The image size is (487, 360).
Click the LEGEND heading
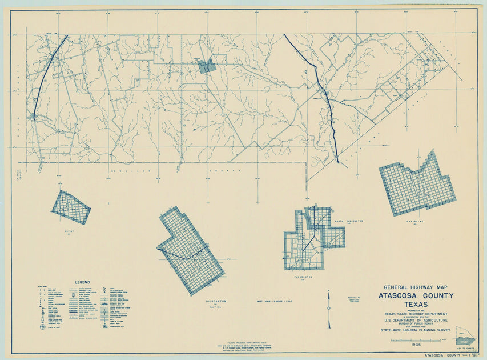point(82,282)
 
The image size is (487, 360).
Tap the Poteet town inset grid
point(71,207)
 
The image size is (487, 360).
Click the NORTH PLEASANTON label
point(349,221)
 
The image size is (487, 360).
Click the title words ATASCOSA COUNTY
point(416,295)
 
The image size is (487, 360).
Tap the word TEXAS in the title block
point(416,305)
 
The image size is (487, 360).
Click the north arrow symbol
point(329,309)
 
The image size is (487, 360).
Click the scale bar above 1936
point(414,340)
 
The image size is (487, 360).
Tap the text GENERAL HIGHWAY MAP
point(416,287)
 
